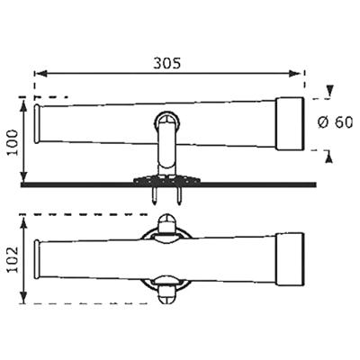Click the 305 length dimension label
[x=167, y=63]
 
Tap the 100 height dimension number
[x=10, y=142]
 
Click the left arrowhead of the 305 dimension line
[x=38, y=76]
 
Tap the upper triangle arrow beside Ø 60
[x=331, y=90]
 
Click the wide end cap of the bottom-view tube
[x=288, y=255]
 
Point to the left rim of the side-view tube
[x=36, y=122]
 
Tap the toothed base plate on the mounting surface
[x=166, y=179]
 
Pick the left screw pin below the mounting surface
[x=156, y=193]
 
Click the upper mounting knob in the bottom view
[x=165, y=222]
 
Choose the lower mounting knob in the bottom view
[x=165, y=289]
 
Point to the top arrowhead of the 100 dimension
[x=22, y=101]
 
